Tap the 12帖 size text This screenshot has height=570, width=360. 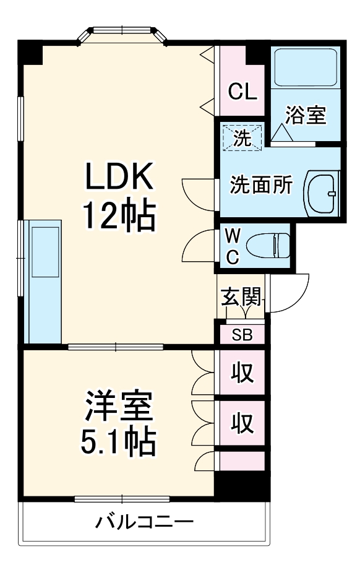point(119,216)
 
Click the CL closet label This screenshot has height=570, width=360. point(241,92)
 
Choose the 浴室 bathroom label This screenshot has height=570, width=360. point(306,115)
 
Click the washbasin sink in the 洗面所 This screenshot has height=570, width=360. point(322,192)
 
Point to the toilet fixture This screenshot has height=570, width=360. point(268,245)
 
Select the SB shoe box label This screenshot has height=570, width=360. point(241,335)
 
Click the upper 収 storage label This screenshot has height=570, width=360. point(241,373)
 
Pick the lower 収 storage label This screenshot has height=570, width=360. point(241,423)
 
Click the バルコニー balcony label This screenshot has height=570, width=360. point(144,522)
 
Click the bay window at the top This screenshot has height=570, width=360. point(122,32)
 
